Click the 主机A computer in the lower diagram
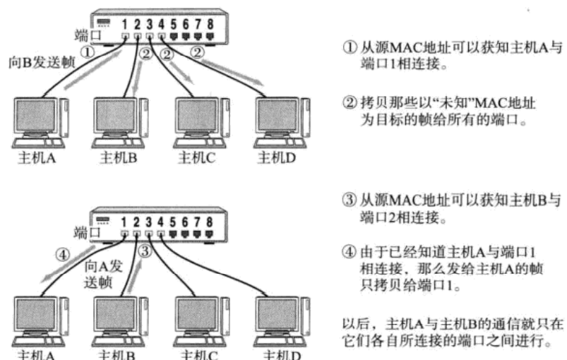[x=41, y=314]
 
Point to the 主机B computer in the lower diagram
[x=117, y=314]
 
